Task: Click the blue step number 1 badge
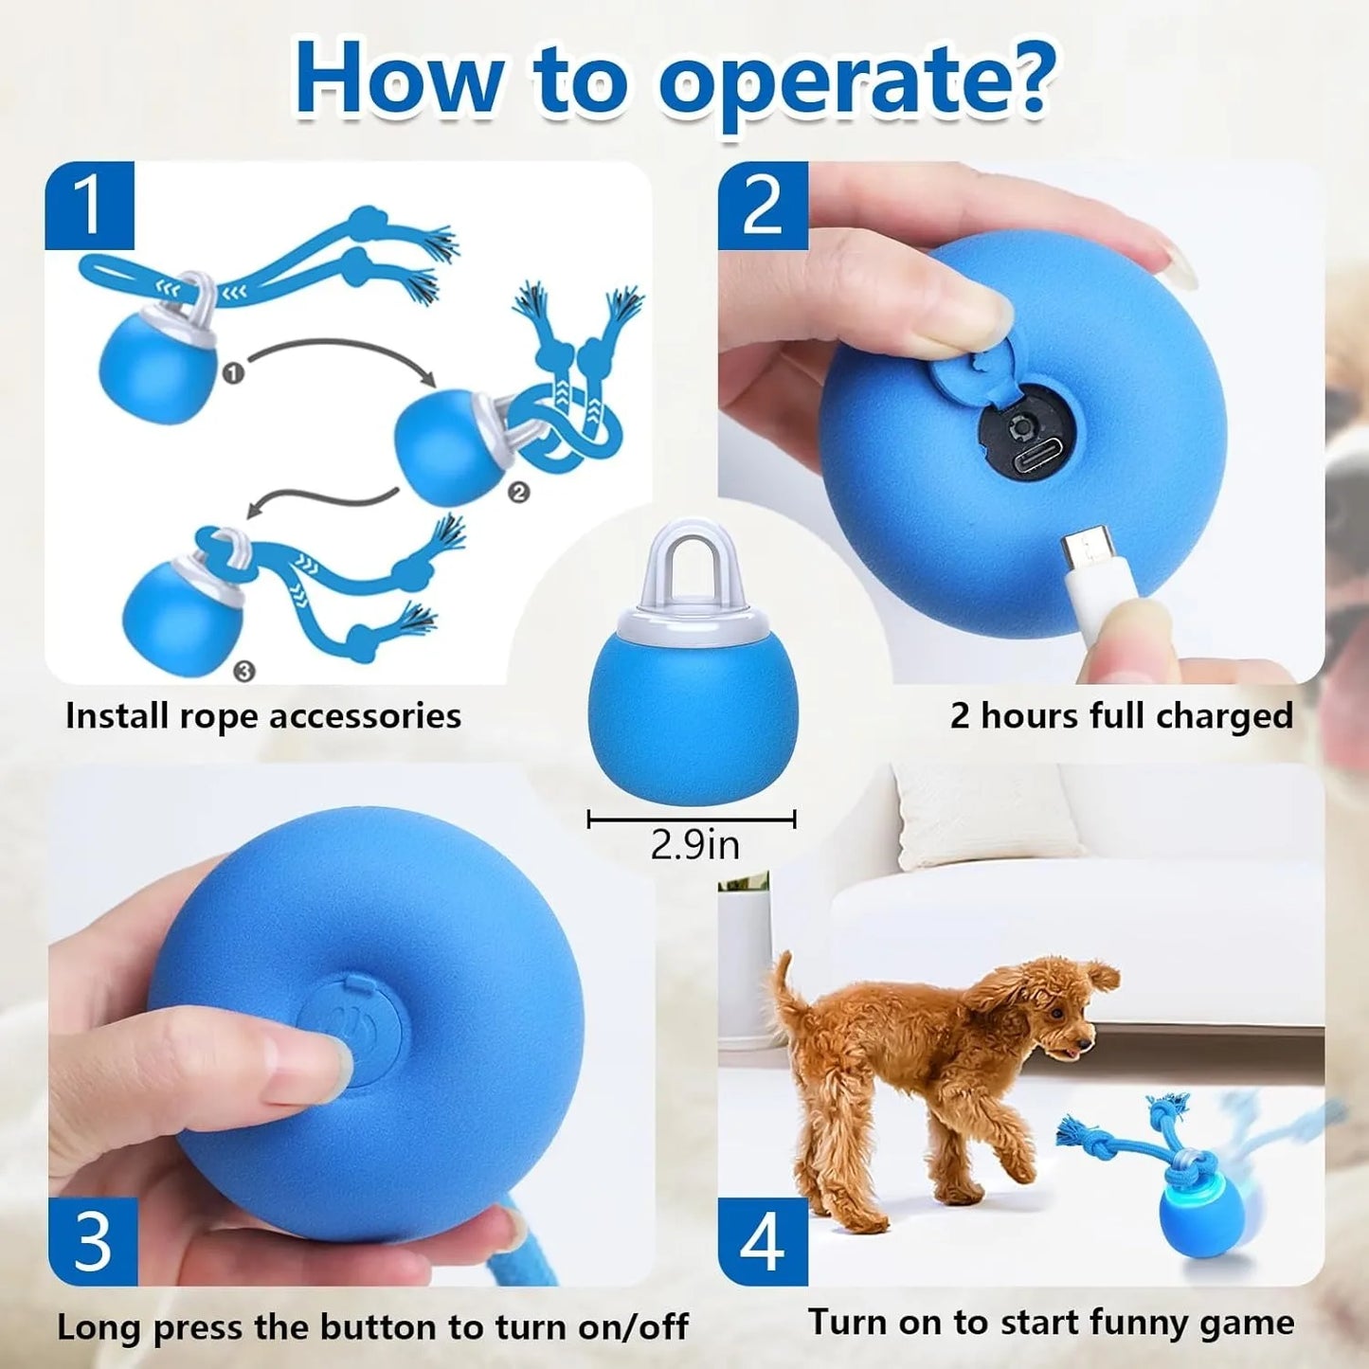click(90, 205)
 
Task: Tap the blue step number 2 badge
click(763, 205)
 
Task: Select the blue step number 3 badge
click(93, 1241)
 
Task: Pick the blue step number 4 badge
click(763, 1241)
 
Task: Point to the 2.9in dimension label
click(694, 844)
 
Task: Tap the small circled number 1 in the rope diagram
click(233, 373)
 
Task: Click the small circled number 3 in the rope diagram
click(243, 671)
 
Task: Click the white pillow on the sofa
click(985, 815)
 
